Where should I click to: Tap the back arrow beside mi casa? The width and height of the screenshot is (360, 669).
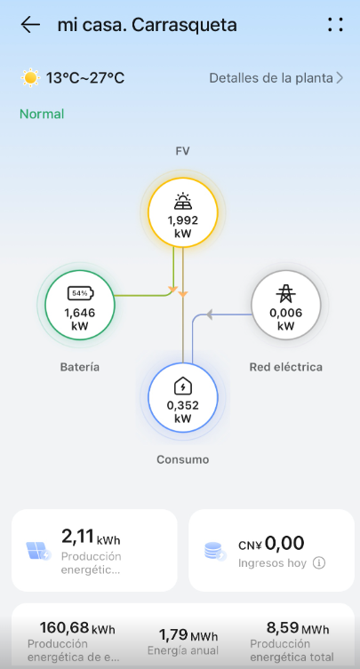click(x=30, y=25)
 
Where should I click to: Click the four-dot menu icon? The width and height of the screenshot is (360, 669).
click(x=335, y=25)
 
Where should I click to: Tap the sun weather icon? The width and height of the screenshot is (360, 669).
click(x=31, y=78)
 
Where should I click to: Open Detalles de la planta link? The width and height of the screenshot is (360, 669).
click(x=276, y=78)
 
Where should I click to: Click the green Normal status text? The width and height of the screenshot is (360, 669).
click(x=42, y=114)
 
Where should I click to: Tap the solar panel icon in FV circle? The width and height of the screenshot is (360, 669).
click(x=183, y=202)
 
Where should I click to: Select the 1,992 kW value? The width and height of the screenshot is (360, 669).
click(x=183, y=227)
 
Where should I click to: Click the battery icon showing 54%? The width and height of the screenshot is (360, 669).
click(x=80, y=293)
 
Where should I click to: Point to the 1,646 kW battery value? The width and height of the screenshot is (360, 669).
click(x=80, y=320)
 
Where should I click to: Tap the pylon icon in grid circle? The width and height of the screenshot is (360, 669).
click(x=285, y=293)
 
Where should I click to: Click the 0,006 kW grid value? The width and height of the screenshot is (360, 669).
click(x=285, y=320)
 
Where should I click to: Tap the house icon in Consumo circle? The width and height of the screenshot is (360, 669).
click(x=183, y=386)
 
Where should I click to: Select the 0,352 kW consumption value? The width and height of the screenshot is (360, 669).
click(x=183, y=412)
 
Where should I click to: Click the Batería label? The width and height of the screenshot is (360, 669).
click(x=80, y=367)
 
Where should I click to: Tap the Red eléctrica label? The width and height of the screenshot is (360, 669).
click(x=285, y=367)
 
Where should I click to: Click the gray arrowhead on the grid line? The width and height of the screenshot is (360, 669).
click(x=209, y=315)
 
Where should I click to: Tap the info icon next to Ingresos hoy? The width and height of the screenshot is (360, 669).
click(x=318, y=563)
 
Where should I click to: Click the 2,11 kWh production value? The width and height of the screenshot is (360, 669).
click(x=91, y=538)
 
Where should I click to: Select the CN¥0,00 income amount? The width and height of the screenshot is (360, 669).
click(x=271, y=544)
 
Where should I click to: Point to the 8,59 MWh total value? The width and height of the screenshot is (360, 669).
click(x=298, y=628)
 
